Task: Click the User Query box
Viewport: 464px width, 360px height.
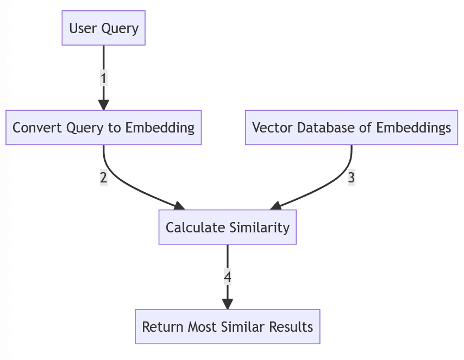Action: point(103,28)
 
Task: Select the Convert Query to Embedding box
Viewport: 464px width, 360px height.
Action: point(103,128)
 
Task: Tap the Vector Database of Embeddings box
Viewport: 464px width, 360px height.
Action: point(352,128)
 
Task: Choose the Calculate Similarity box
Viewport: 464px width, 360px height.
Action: point(227,227)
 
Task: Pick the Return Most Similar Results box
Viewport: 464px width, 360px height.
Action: point(227,327)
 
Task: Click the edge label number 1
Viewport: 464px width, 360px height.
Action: point(103,78)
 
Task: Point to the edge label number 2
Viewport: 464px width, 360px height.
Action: point(103,177)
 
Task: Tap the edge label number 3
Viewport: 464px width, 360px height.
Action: point(352,177)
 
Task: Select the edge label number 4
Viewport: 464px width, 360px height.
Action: point(227,277)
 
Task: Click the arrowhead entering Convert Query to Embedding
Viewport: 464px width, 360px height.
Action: point(103,105)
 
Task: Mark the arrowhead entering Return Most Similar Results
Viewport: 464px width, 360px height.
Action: point(227,305)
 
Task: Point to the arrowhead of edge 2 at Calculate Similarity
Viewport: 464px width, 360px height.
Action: point(179,206)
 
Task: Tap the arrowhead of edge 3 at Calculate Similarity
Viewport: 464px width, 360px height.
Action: point(275,206)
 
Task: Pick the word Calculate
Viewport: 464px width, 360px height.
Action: point(189,227)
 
